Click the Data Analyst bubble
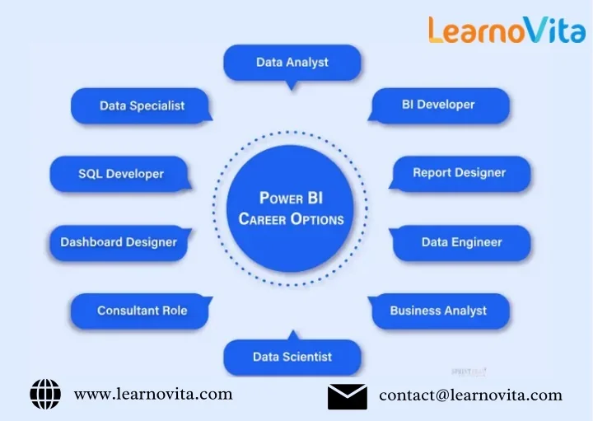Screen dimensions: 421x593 (x=292, y=63)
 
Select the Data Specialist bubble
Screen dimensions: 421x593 (x=142, y=106)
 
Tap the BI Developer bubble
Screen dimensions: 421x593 (x=438, y=105)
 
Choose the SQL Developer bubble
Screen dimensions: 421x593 (x=121, y=175)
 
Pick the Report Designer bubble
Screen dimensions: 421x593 (x=459, y=174)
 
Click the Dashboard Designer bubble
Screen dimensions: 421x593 (x=119, y=243)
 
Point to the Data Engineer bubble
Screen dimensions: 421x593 (x=461, y=243)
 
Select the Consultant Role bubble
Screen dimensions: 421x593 (x=142, y=311)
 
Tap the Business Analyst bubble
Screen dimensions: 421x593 (x=438, y=311)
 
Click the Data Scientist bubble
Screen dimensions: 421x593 (x=292, y=358)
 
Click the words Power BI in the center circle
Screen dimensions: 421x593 (x=292, y=199)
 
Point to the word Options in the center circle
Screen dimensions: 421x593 (x=317, y=220)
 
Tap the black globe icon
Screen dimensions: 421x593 (x=45, y=395)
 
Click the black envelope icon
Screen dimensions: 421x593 (x=348, y=396)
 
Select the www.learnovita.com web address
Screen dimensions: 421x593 (x=153, y=395)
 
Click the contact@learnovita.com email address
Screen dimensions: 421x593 (x=470, y=396)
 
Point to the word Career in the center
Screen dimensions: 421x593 (x=263, y=220)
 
